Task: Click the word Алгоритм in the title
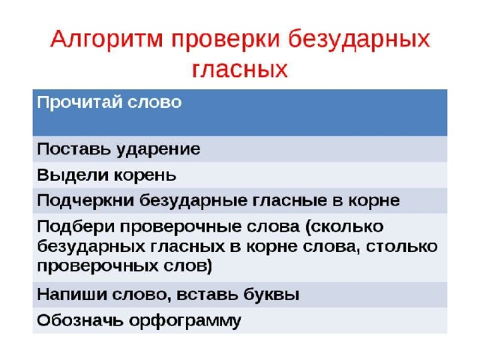[106, 40]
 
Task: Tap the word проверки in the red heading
[226, 40]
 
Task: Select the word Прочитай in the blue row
[79, 103]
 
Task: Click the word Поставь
[74, 150]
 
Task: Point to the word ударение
[159, 151]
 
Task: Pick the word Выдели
[73, 175]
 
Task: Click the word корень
[145, 176]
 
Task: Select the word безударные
[194, 201]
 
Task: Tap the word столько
[402, 247]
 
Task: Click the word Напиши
[72, 295]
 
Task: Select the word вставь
[208, 295]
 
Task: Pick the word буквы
[271, 295]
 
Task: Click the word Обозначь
[80, 320]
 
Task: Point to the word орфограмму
[185, 322]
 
